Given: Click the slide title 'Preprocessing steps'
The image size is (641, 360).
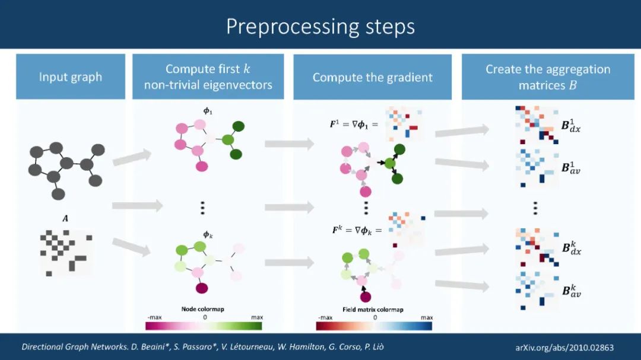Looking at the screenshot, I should [x=320, y=26].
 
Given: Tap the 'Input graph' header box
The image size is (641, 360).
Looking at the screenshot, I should [x=71, y=77].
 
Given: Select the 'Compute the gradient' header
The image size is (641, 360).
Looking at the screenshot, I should [x=372, y=77].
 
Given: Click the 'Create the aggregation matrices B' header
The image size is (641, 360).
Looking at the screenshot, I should [x=547, y=77].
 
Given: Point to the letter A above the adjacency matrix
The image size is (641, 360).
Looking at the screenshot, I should [x=65, y=219].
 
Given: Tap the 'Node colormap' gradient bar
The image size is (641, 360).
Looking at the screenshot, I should [x=204, y=326].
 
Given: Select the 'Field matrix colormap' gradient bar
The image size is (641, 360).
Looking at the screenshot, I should [x=374, y=326].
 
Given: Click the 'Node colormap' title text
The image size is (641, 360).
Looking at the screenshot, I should [x=203, y=309].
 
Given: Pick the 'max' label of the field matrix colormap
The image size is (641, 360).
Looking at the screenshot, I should [x=426, y=318].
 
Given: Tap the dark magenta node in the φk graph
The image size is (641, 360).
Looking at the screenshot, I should [x=202, y=289].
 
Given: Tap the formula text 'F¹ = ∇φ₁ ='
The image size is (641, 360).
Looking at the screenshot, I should [x=354, y=125].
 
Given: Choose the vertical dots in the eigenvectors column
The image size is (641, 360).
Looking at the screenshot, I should [x=202, y=207].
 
